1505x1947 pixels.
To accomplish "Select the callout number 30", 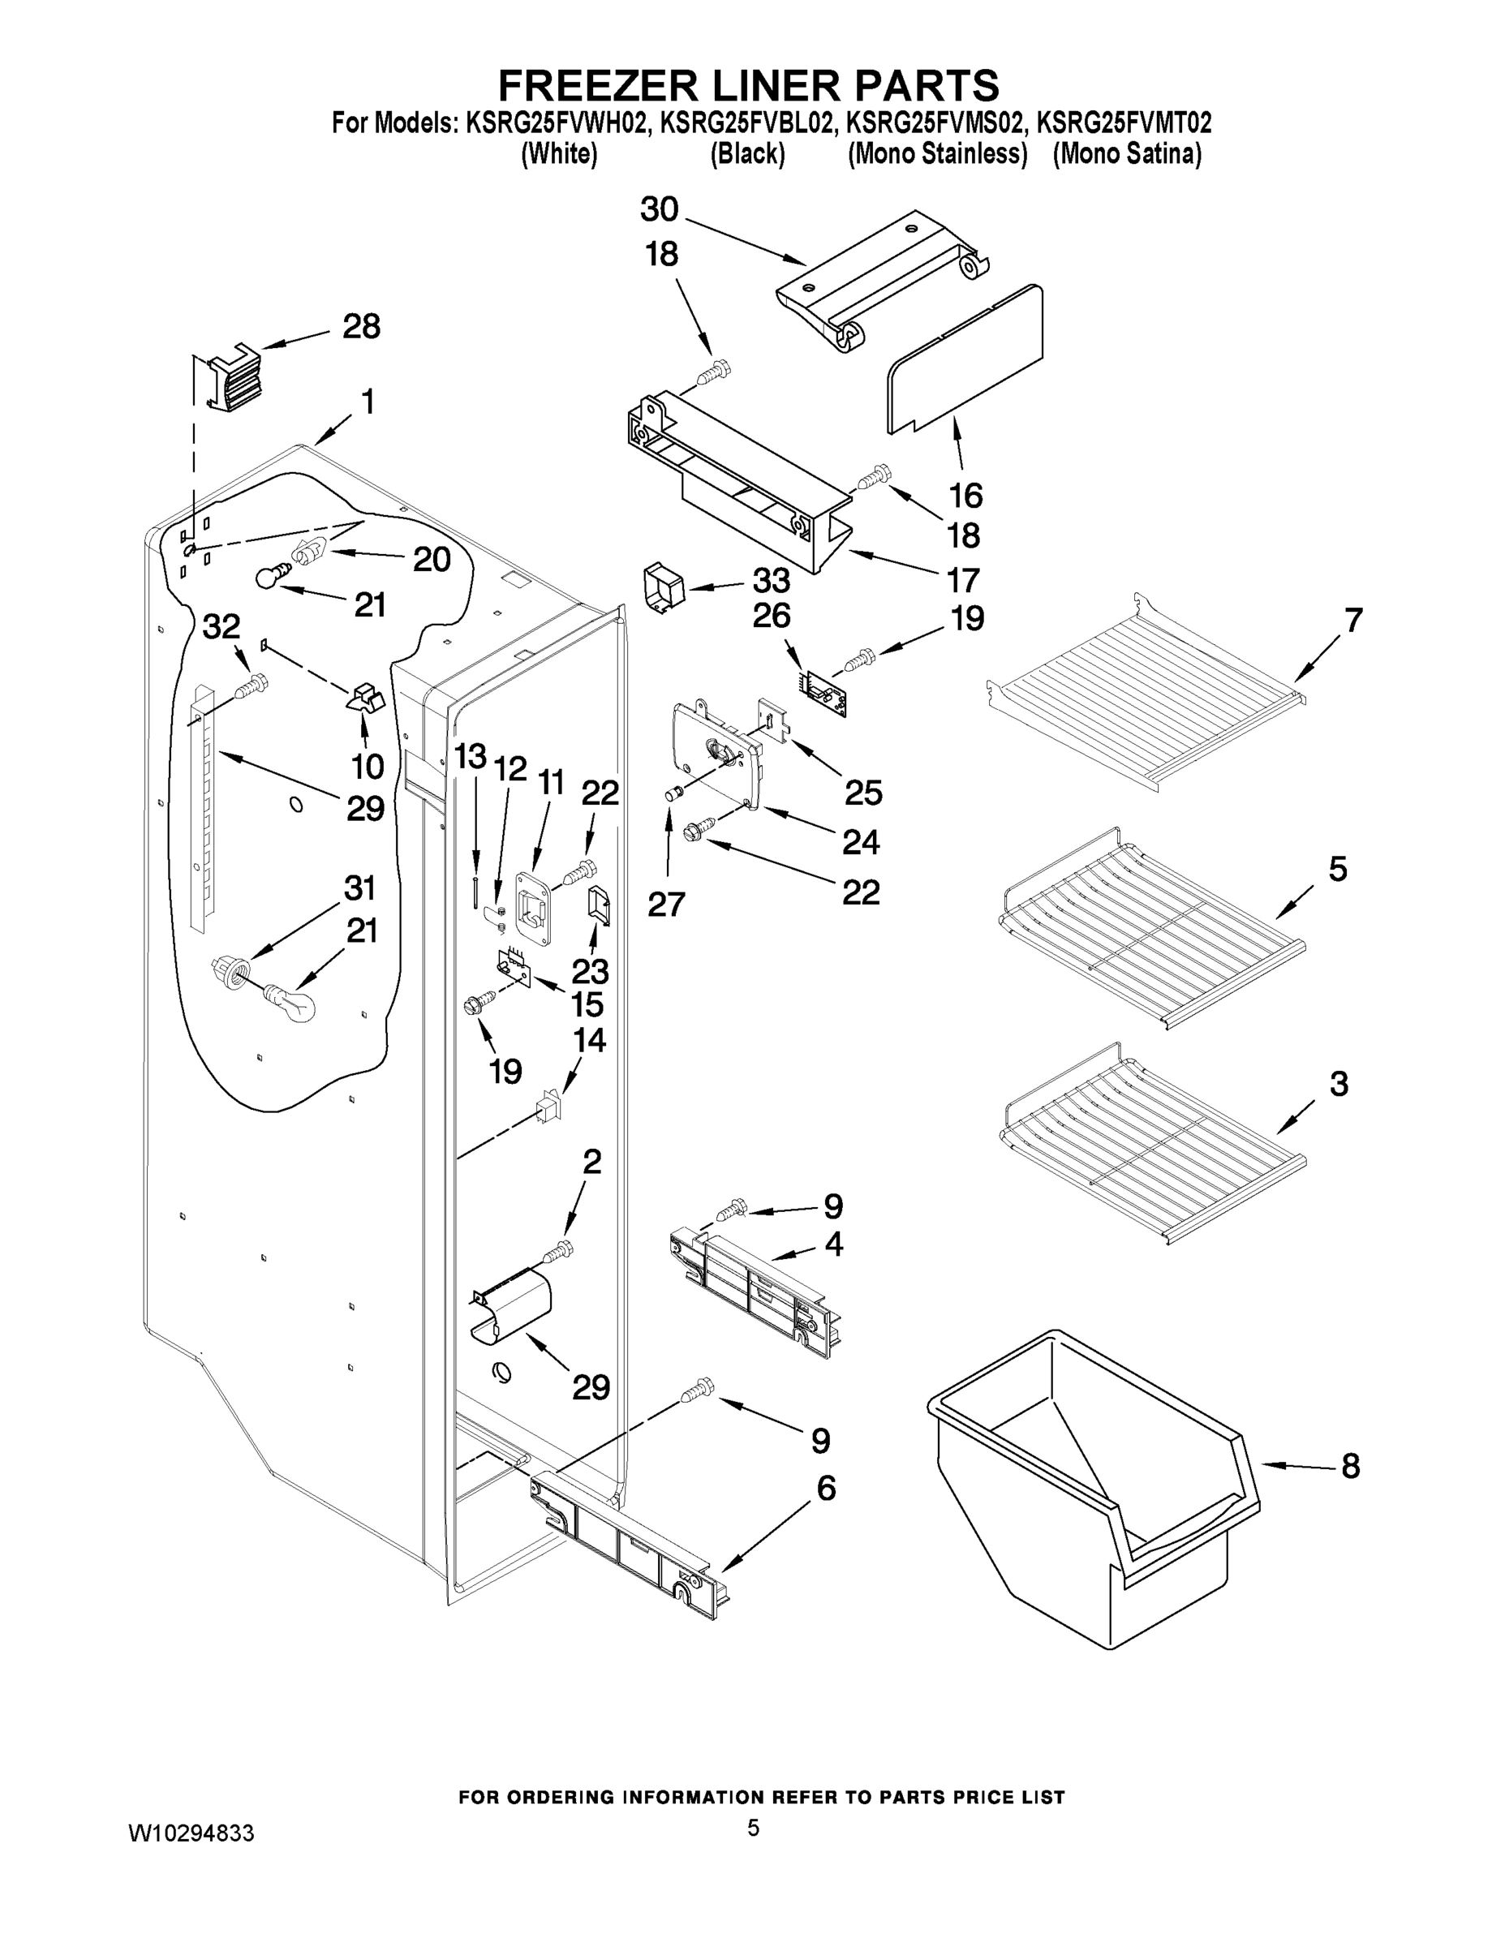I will pos(659,209).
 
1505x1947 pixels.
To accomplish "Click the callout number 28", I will pos(361,326).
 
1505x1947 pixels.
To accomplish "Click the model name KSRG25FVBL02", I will pos(747,122).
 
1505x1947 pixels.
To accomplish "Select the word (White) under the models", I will pos(558,153).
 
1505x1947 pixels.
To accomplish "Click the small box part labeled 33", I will pos(661,587).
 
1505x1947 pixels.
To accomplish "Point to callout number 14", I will pos(588,1040).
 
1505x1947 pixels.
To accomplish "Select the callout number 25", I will pos(863,792).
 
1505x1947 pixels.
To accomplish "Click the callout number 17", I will pos(963,580).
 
